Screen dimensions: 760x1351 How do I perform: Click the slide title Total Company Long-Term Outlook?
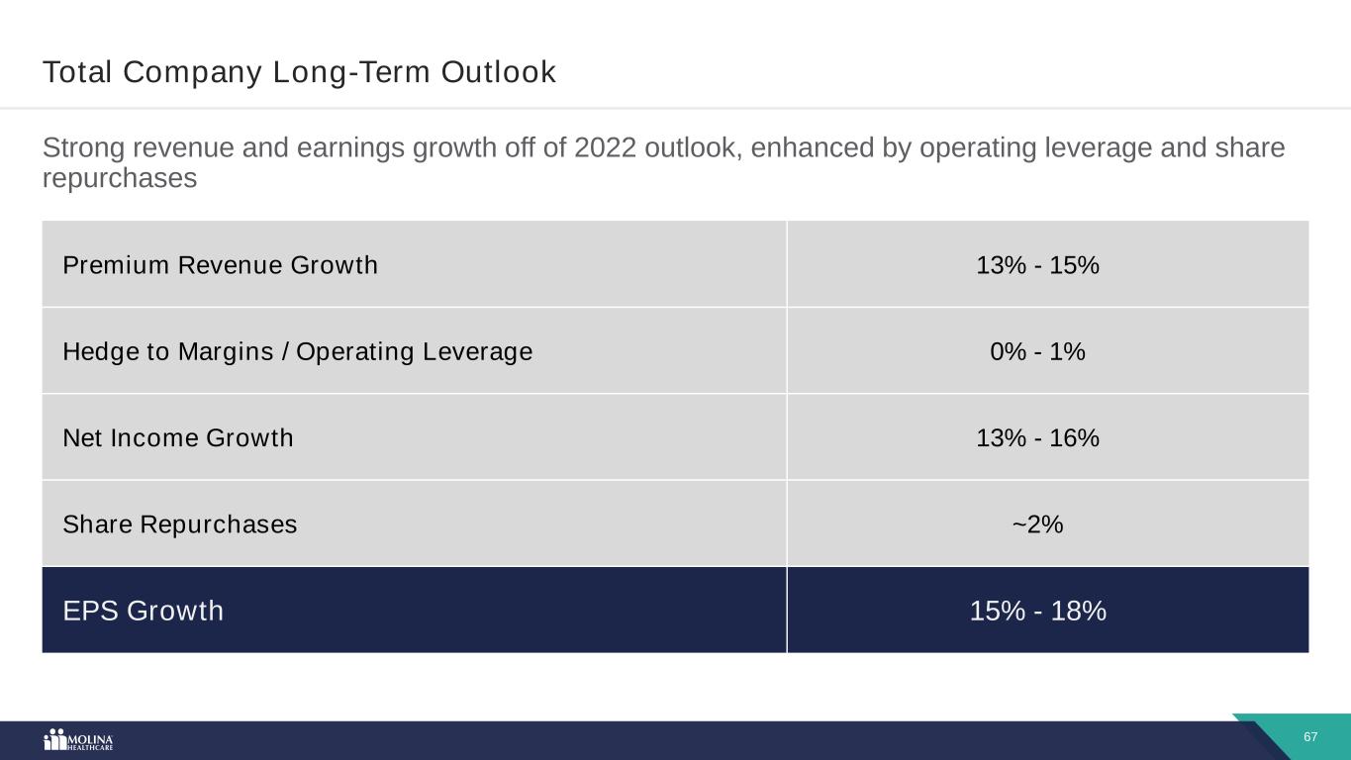[299, 72]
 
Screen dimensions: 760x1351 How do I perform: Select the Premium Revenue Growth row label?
[220, 265]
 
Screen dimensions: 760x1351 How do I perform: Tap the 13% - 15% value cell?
[1037, 265]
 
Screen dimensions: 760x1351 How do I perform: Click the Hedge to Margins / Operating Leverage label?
[297, 351]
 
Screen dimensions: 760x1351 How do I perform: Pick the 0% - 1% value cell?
[1037, 351]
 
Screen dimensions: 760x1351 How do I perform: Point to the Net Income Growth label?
[178, 437]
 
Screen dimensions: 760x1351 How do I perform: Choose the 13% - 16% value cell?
[1037, 437]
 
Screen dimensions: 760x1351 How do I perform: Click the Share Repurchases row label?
[179, 524]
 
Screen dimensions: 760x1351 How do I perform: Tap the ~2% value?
[1037, 524]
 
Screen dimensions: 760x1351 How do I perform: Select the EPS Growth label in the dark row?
[143, 612]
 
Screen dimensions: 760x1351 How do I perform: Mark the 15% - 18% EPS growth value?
[1037, 612]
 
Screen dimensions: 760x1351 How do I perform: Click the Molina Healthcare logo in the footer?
[78, 740]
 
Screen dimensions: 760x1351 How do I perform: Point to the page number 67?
[1310, 737]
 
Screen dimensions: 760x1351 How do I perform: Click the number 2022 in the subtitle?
[604, 148]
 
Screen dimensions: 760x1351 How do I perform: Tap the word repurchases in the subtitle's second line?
[120, 179]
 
